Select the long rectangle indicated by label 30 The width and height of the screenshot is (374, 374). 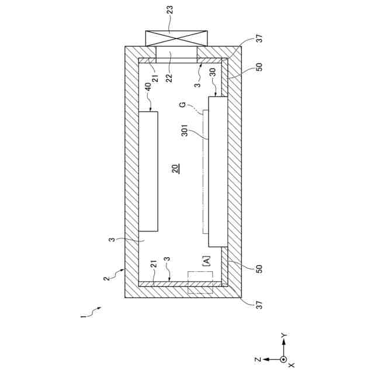point(218,172)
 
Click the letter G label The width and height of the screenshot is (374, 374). point(183,105)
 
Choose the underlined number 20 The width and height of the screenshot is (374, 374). point(175,169)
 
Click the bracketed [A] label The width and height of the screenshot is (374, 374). point(207,260)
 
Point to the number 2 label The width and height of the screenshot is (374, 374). point(106,278)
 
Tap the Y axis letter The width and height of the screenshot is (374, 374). point(283,334)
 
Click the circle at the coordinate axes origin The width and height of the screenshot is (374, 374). point(283,359)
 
